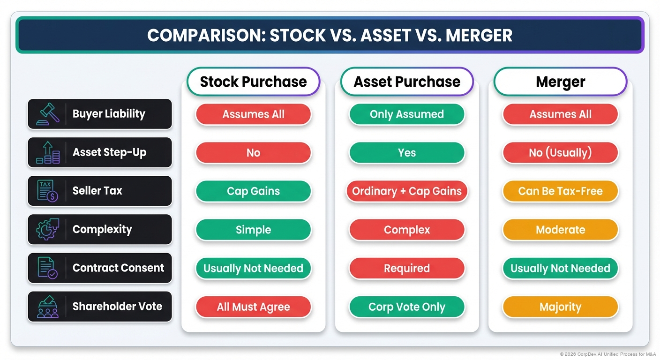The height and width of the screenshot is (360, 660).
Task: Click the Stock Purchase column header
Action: pyautogui.click(x=253, y=82)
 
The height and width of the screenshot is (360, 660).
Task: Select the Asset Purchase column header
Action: pyautogui.click(x=407, y=82)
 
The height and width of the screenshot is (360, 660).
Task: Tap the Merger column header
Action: pyautogui.click(x=560, y=82)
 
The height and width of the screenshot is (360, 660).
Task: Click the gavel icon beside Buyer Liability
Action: pyautogui.click(x=48, y=114)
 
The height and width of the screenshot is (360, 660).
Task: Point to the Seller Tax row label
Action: pyautogui.click(x=97, y=191)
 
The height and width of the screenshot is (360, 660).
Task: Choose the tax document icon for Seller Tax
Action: pyautogui.click(x=47, y=191)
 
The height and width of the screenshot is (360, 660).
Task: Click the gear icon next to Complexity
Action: pyautogui.click(x=47, y=230)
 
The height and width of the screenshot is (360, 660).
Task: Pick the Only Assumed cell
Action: pyautogui.click(x=407, y=114)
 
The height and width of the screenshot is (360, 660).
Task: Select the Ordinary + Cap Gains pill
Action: pyautogui.click(x=407, y=191)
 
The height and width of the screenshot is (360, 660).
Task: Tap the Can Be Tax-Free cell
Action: pyautogui.click(x=560, y=191)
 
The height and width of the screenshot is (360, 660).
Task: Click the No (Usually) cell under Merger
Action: pyautogui.click(x=560, y=153)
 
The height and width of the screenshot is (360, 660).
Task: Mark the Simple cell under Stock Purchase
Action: pyautogui.click(x=253, y=230)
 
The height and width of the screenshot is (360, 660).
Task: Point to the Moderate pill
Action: pyautogui.click(x=560, y=230)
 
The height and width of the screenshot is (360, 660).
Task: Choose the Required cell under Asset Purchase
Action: pyautogui.click(x=407, y=268)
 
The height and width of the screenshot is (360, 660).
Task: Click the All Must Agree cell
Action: pyautogui.click(x=253, y=307)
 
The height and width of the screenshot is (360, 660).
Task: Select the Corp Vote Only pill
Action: pyautogui.click(x=407, y=307)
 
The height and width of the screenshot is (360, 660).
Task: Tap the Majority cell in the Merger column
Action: pyautogui.click(x=560, y=307)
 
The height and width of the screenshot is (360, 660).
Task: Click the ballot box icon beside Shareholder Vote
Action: pyautogui.click(x=47, y=307)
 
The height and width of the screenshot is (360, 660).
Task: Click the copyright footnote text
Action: pyautogui.click(x=607, y=354)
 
